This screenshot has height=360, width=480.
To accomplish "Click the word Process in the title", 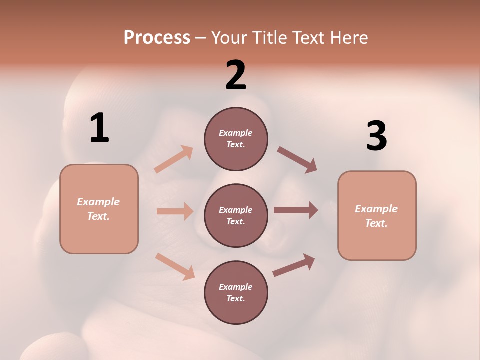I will (157, 38).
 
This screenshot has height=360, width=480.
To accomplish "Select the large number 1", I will (99, 128).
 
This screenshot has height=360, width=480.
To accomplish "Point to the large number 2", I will (236, 75).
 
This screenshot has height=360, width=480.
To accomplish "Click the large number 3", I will (376, 136).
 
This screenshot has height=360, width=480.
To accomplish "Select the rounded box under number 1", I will (99, 209).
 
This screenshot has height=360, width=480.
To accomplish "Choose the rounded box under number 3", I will (377, 216).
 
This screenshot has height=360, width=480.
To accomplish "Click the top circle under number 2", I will (236, 139).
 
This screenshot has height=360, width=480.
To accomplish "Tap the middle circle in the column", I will (236, 215).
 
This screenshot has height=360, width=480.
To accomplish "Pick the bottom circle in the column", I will (236, 292).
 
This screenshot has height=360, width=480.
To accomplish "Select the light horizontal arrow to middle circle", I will (175, 211).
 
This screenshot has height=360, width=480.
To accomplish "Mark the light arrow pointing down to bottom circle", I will (175, 266).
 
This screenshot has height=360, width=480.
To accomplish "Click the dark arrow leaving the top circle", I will (297, 160).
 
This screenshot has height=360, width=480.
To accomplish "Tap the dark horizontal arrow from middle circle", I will (296, 210).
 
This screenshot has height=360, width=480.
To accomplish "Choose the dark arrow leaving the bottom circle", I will (294, 265).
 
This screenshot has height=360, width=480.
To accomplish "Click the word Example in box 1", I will (98, 202).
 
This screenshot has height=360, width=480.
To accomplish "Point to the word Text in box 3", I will (376, 223).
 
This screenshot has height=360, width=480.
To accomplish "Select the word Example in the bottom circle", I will (235, 287).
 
